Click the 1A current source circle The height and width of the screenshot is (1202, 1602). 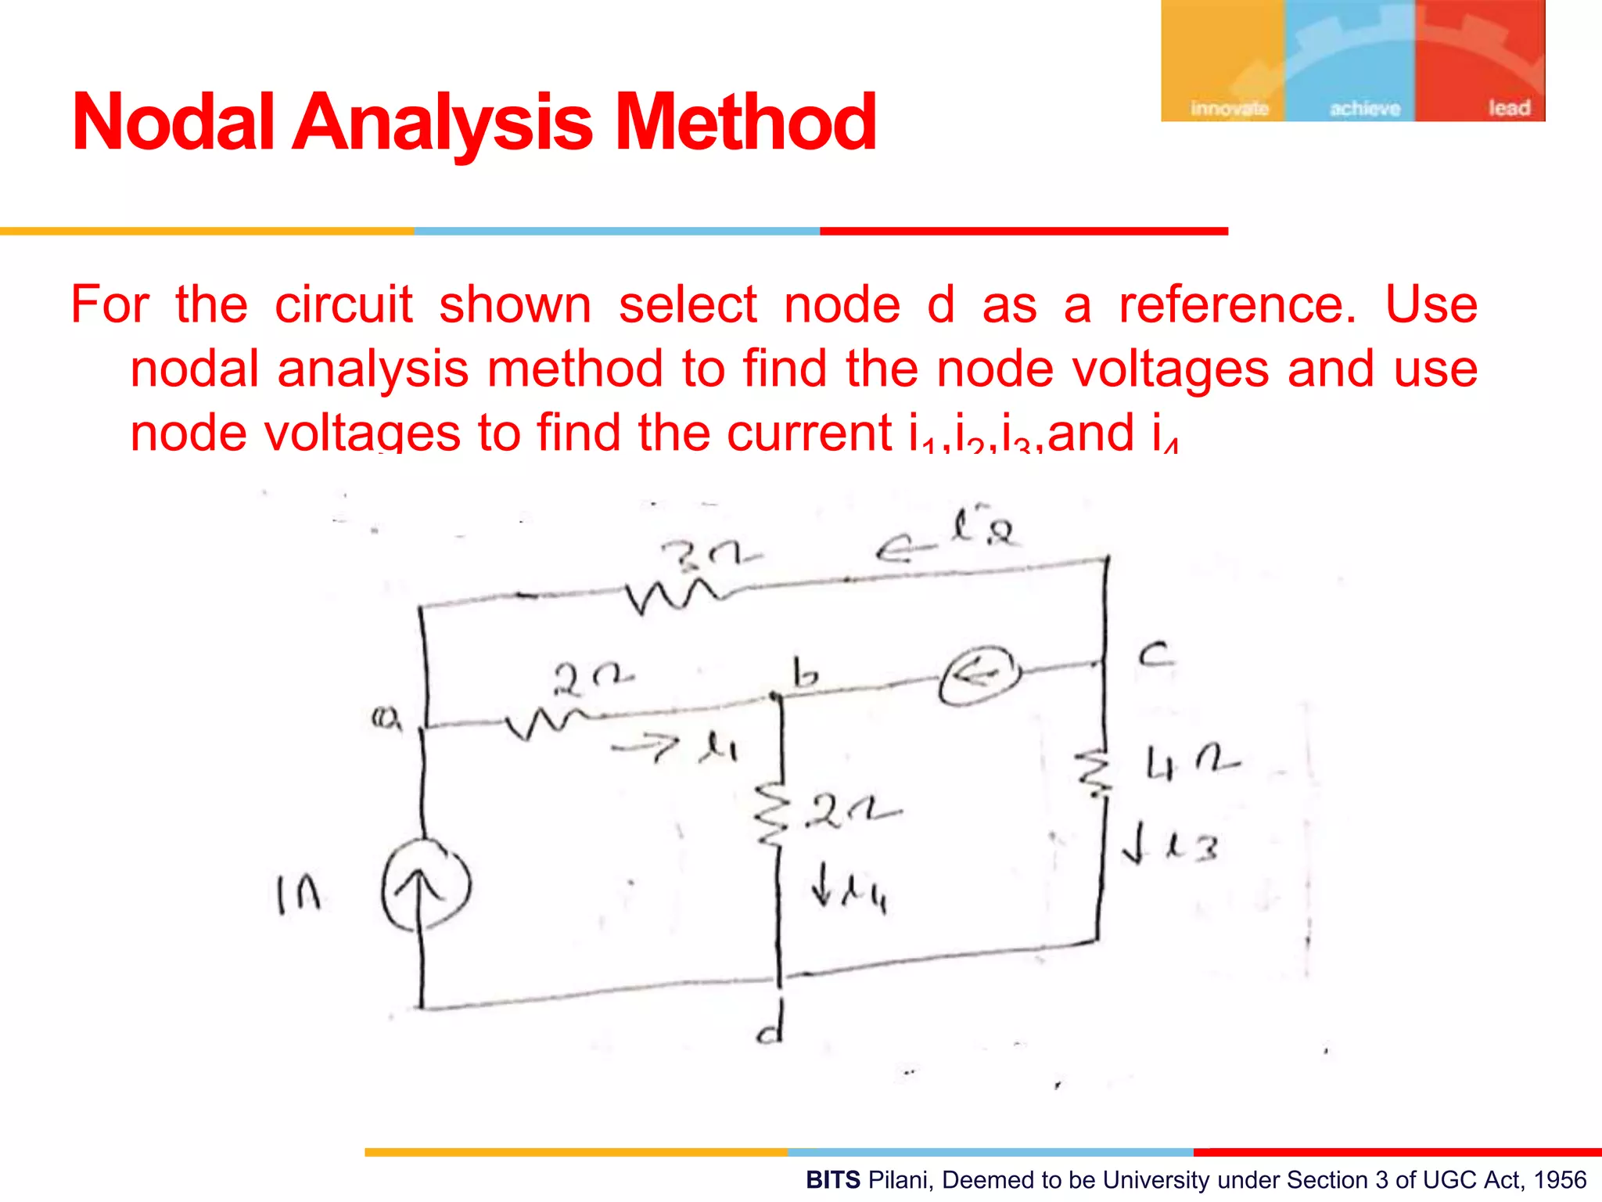click(426, 885)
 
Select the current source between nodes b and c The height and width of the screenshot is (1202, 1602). click(980, 675)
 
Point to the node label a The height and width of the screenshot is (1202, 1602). click(385, 718)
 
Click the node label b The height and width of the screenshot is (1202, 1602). click(805, 673)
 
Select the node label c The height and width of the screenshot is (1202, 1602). click(1155, 653)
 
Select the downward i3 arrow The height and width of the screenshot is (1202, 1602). click(1132, 846)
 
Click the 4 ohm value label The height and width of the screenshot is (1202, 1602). click(1191, 763)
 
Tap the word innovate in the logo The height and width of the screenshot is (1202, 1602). click(1229, 108)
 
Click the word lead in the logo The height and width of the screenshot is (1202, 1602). click(1508, 107)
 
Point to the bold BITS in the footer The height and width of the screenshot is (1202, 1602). click(833, 1179)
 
